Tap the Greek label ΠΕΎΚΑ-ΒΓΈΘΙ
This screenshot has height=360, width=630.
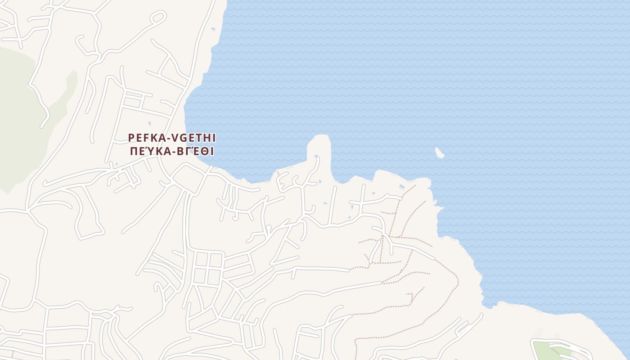pos(172,151)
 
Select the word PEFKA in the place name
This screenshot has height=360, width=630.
pos(145,137)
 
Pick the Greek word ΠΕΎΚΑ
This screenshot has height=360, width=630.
pos(147,151)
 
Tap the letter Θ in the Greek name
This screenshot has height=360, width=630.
pos(203,151)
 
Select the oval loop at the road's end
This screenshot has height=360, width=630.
pos(158,18)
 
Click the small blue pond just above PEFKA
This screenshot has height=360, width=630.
pos(149,123)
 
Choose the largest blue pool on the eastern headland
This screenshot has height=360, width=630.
pos(401,186)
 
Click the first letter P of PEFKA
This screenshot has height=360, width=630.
pos(131,137)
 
